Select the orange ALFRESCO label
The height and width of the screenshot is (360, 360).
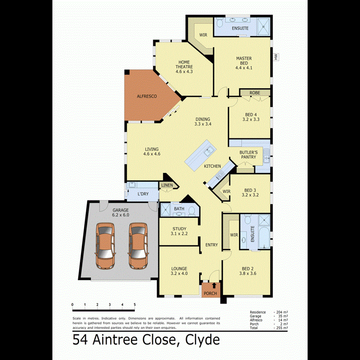147,96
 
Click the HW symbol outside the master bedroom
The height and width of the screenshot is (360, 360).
276,57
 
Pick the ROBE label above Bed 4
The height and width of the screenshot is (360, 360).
255,93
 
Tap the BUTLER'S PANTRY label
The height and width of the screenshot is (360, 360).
248,155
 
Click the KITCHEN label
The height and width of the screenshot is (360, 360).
212,166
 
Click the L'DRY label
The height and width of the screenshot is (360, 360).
143,194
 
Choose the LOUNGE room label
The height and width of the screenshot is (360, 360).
179,271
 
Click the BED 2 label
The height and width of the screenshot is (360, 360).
248,271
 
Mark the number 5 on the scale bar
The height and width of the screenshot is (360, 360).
135,305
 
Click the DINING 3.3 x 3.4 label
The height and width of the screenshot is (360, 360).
202,122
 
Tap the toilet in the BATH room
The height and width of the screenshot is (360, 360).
191,211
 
